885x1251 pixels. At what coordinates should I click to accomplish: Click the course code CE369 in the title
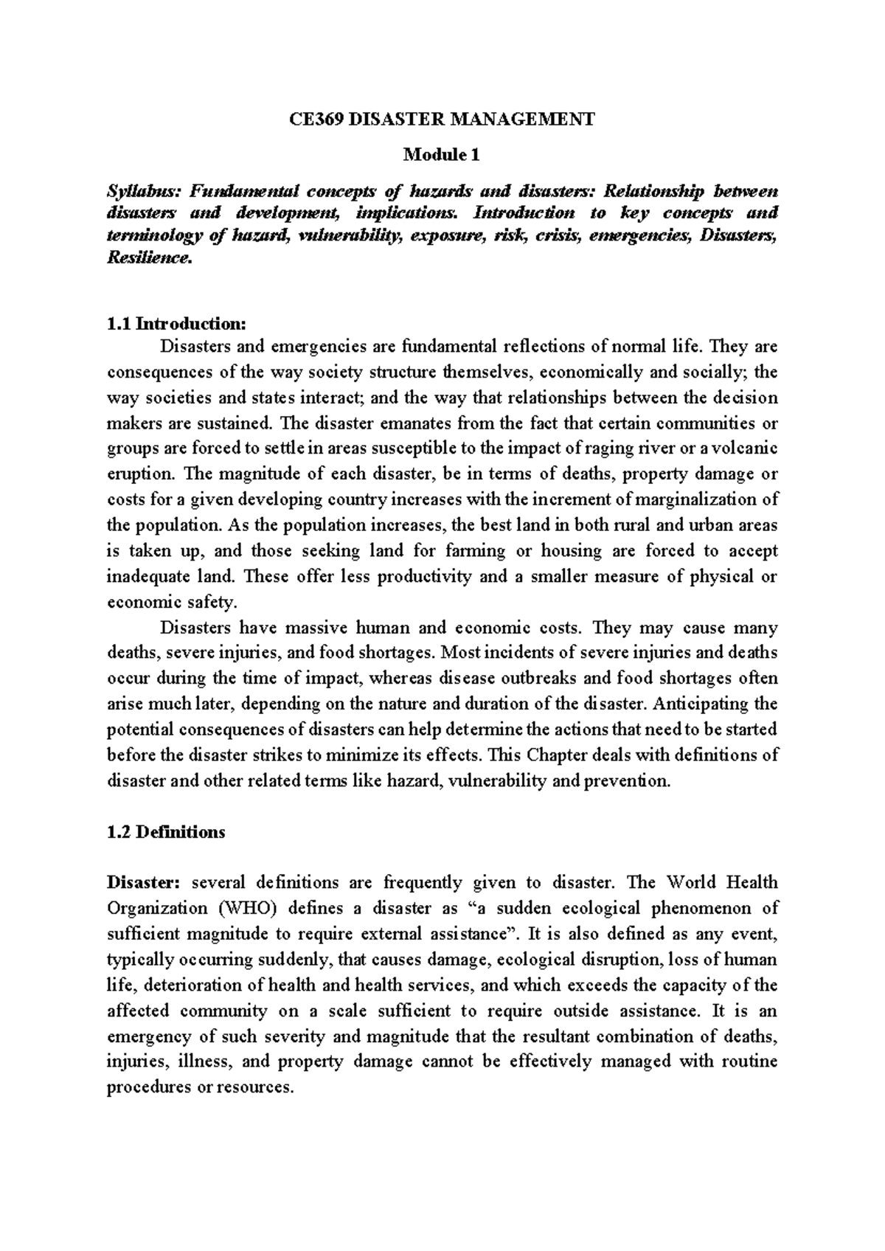(x=316, y=119)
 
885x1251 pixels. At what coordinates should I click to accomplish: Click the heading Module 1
(x=442, y=155)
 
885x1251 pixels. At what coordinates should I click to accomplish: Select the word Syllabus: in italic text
(x=143, y=191)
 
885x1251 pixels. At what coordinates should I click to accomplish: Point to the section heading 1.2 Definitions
(x=166, y=832)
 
